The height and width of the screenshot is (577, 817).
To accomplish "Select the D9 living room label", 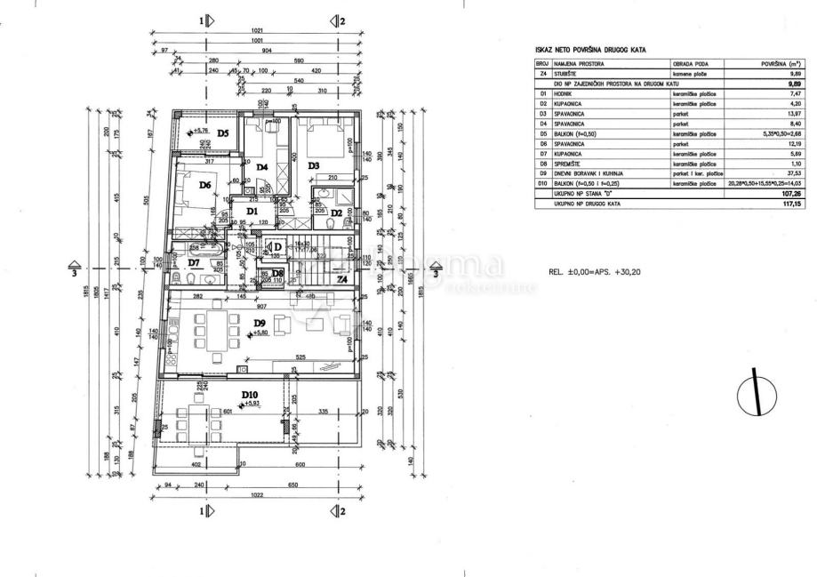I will coord(260,323).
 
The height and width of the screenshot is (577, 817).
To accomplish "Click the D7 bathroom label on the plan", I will coord(194,263).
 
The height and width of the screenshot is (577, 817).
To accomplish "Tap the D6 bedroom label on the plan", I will coord(204,185).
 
